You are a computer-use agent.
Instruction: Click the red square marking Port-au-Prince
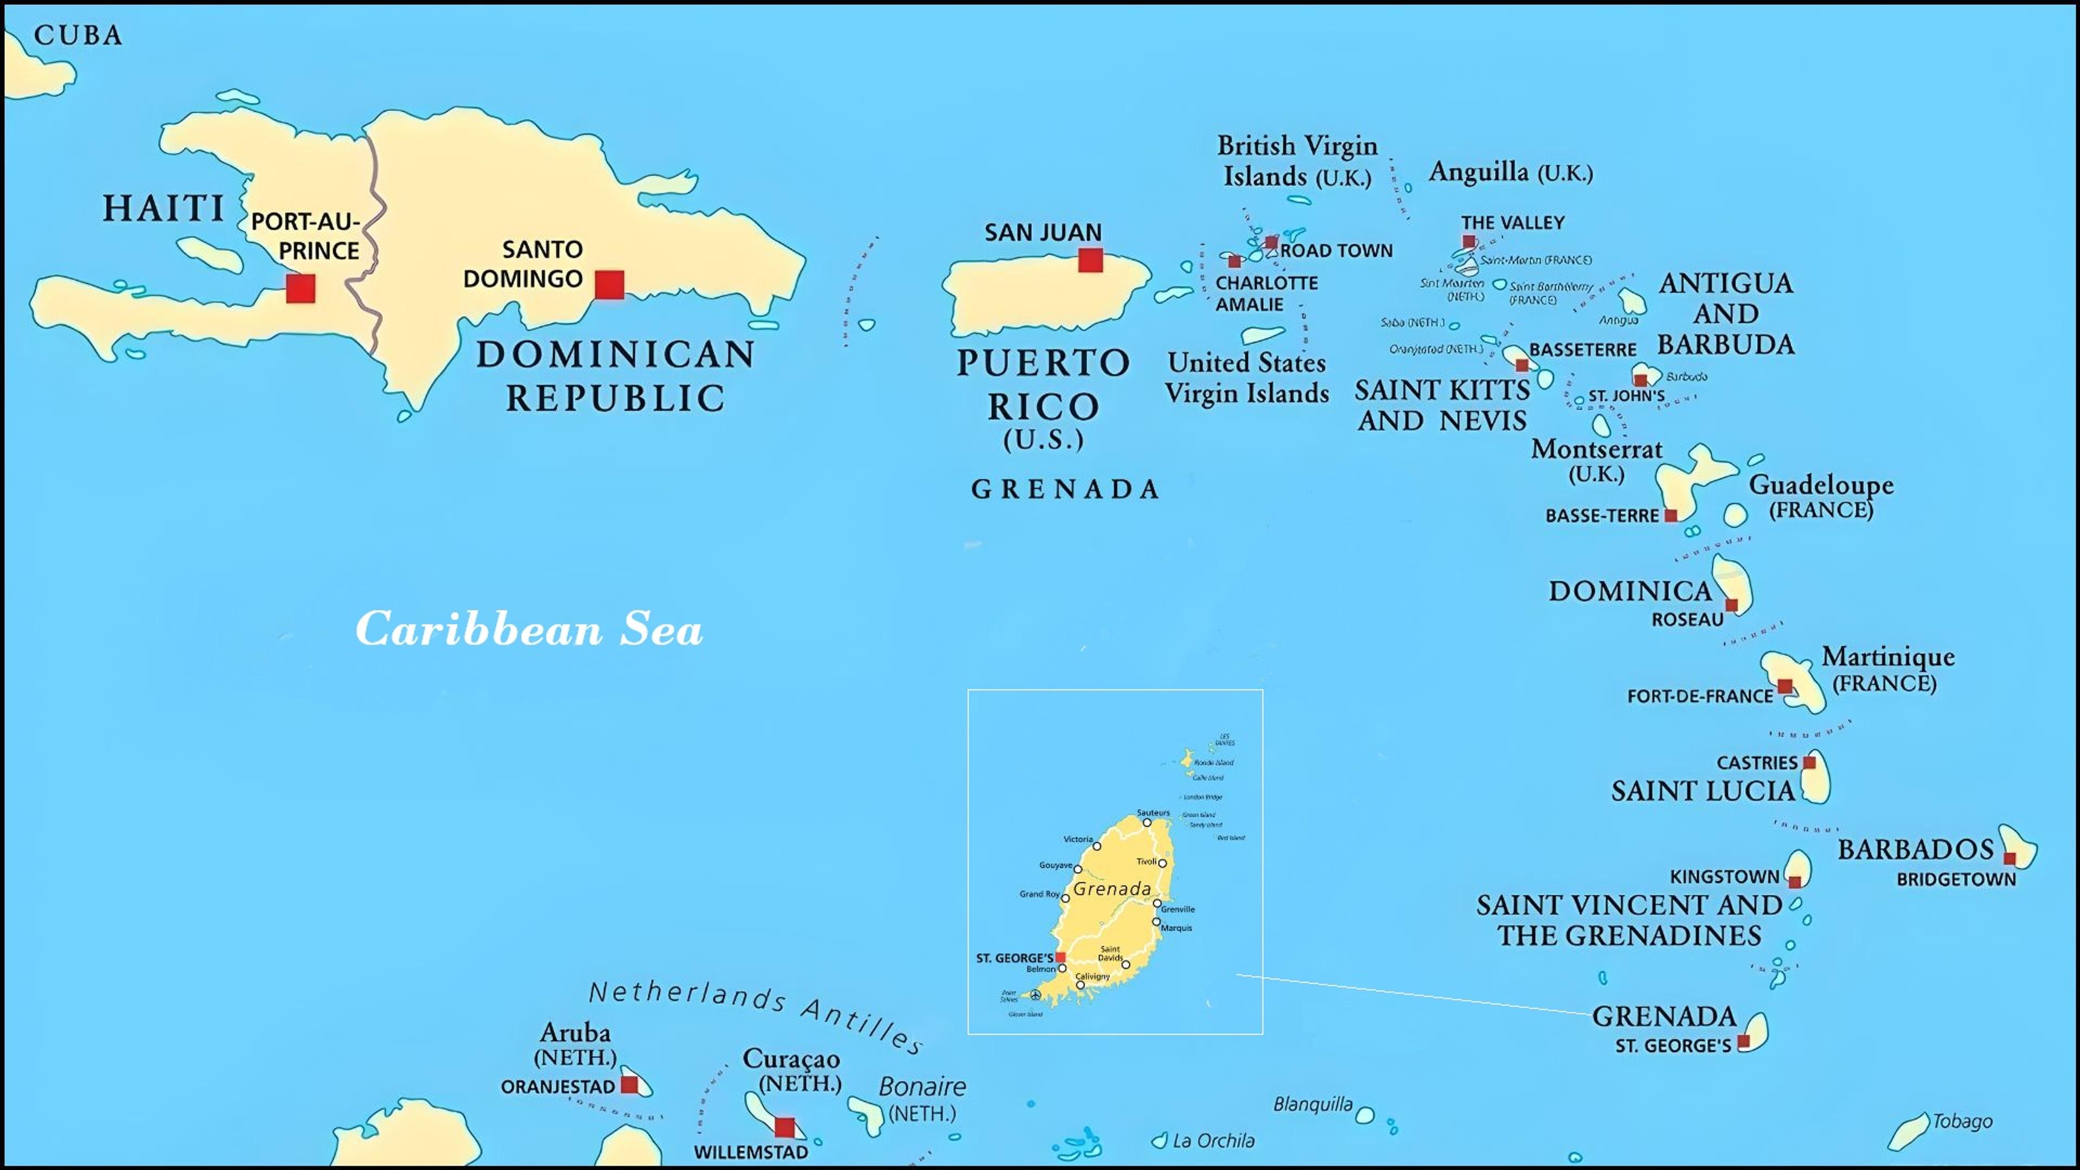301,288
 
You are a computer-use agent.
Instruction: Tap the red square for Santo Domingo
609,284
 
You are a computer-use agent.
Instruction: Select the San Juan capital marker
1090,260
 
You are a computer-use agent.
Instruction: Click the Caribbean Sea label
529,629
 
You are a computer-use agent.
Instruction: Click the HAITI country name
163,209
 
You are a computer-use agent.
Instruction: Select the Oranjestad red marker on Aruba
629,1084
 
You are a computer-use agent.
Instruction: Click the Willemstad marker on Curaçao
784,1126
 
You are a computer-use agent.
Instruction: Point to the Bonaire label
921,1087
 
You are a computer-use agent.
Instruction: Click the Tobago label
1961,1121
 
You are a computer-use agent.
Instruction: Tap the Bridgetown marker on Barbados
2009,857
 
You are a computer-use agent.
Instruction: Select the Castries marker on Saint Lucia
1810,762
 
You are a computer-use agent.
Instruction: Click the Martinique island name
1888,656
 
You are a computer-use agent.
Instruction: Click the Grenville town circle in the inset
1157,903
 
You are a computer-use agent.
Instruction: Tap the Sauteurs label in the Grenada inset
1153,812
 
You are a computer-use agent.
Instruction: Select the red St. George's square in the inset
1060,957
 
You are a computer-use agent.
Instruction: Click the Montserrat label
1596,449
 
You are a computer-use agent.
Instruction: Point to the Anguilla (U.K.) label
1510,172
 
